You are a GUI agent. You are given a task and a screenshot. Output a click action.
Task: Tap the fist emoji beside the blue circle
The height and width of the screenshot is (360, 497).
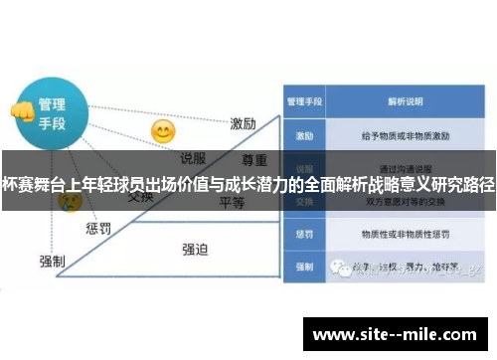pos(20,110)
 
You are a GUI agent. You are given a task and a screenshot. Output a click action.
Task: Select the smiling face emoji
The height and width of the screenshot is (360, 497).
pos(162,131)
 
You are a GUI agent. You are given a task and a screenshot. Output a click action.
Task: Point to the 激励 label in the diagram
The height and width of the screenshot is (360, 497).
pos(244,124)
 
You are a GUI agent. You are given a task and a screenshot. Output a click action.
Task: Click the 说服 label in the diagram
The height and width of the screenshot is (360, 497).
pos(193,157)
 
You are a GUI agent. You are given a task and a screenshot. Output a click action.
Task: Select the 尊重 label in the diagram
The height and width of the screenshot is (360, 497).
pos(255,160)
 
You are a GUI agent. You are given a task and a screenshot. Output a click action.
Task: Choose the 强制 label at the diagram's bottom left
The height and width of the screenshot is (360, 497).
pos(52,261)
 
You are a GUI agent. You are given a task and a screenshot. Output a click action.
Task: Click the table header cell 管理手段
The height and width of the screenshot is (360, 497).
pos(304,101)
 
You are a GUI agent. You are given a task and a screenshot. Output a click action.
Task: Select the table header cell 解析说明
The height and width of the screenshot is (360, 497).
pos(407,101)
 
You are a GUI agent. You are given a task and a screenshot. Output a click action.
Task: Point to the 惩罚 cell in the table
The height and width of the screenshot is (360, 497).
pos(304,236)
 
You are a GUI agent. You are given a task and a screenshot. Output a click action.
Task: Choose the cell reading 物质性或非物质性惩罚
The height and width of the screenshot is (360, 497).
pos(407,236)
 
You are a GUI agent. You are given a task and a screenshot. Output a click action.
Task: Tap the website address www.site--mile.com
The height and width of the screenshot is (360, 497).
pos(399,334)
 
